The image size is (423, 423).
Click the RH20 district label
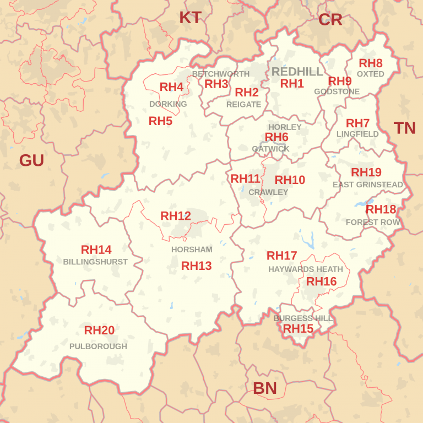point(99,330)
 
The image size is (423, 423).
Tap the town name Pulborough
point(98,346)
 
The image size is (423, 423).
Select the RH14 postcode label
point(96,250)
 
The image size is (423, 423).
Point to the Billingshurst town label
point(95,262)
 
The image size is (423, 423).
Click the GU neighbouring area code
point(31,160)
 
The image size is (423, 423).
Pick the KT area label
point(190,18)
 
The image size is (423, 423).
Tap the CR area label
point(330,20)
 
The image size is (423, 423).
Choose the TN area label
point(405,128)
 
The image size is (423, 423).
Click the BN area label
point(265,388)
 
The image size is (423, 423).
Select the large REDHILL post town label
point(298,72)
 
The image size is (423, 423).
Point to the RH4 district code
point(171,87)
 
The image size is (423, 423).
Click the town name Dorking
point(168,104)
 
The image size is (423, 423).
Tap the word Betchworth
point(220,74)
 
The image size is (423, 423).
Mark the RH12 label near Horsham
point(176,216)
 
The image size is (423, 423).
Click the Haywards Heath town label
point(306,269)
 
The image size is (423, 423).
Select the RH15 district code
point(298,329)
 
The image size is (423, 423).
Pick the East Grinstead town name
point(368,185)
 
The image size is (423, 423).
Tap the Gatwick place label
point(270,149)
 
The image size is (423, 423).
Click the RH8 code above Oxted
point(371,63)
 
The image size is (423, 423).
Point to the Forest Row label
point(373,222)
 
